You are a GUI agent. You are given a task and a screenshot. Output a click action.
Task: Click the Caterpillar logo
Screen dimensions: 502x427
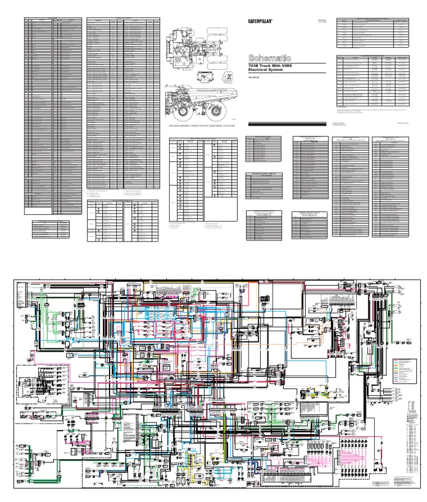(x=260, y=21)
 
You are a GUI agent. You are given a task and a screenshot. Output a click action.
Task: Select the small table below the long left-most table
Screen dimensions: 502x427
(x=51, y=229)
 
